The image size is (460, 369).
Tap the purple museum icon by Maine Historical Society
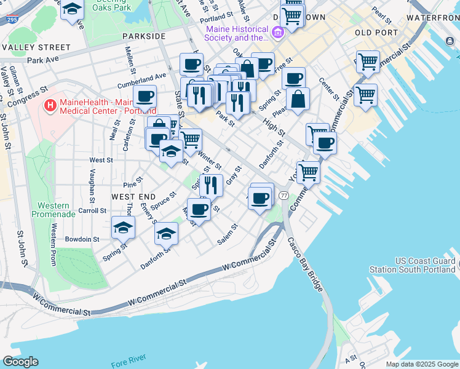277,31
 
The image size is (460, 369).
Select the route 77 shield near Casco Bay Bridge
284,195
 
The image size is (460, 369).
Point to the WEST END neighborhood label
133,196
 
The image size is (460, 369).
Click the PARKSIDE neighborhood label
144,36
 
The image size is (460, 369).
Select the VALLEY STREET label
36,47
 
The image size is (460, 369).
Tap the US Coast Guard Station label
412,265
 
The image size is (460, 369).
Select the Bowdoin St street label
84,239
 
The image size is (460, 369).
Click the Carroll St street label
92,210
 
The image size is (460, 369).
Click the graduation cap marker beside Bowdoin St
124,228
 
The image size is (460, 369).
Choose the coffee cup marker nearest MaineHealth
145,97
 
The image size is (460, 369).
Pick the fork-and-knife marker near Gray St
211,184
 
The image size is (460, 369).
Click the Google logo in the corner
20,362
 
